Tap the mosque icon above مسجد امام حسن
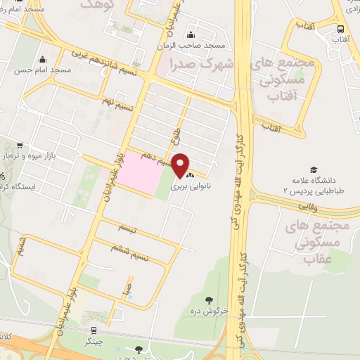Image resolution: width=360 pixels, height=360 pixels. [x=42, y=59]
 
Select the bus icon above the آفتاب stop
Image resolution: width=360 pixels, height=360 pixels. [x=340, y=29]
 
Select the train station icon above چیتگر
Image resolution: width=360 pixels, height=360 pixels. [x=93, y=330]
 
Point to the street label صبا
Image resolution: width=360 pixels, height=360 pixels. [x=127, y=286]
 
